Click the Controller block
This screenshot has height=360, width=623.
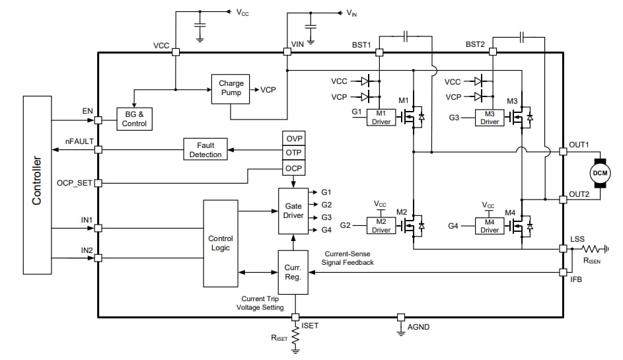38,184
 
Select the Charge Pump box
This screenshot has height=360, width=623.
231,88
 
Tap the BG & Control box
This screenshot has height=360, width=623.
134,118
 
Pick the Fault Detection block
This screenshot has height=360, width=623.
205,149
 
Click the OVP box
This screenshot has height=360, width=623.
293,139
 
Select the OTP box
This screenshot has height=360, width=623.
293,153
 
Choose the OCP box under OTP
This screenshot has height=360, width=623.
293,168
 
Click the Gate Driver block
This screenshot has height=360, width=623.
293,209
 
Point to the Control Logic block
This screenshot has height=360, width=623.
221,243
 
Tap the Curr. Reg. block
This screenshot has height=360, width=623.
293,272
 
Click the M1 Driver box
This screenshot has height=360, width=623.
381,117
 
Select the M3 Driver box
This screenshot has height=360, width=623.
490,117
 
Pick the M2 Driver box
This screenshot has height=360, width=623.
381,225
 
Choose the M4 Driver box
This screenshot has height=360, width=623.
490,225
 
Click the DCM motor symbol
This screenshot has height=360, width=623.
599,173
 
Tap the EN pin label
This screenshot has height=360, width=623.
87,112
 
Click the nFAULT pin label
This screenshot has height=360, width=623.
79,141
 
